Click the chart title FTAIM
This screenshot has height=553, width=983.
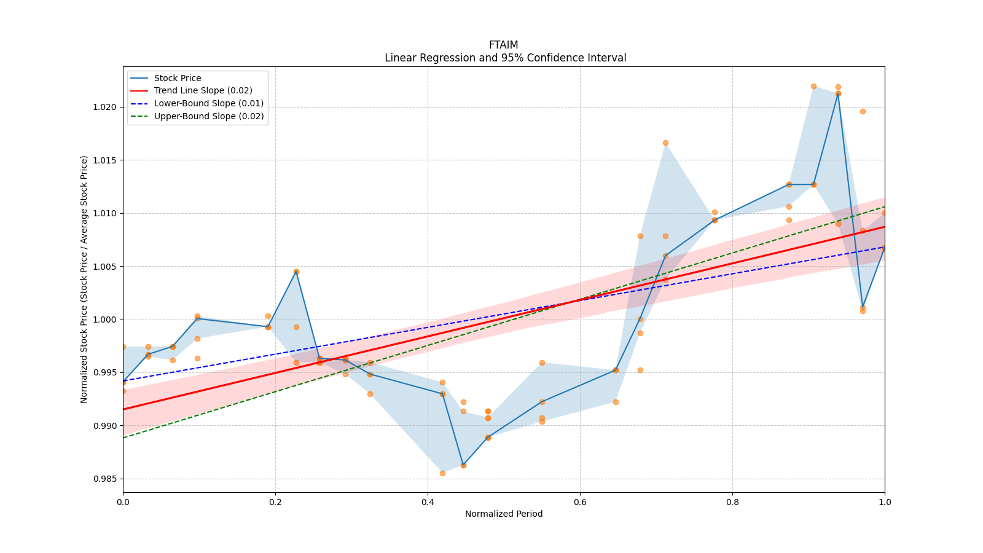pyautogui.click(x=503, y=45)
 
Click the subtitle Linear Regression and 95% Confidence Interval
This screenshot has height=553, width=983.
pyautogui.click(x=505, y=58)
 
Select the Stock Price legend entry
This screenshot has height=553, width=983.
pyautogui.click(x=178, y=78)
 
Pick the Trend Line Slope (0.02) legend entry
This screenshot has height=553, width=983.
pyautogui.click(x=203, y=91)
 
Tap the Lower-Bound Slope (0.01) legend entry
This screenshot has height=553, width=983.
pyautogui.click(x=208, y=103)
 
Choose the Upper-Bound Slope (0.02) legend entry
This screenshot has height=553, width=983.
pyautogui.click(x=208, y=116)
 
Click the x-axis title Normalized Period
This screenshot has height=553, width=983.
pyautogui.click(x=503, y=514)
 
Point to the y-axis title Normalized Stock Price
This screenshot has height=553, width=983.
pyautogui.click(x=84, y=279)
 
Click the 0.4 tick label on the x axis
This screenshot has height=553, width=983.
pyautogui.click(x=428, y=502)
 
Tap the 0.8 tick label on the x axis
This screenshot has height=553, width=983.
pyautogui.click(x=732, y=502)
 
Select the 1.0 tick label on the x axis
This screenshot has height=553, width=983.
pyautogui.click(x=885, y=502)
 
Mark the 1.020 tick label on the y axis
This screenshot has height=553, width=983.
pyautogui.click(x=104, y=107)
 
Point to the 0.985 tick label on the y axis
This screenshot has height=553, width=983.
pyautogui.click(x=104, y=479)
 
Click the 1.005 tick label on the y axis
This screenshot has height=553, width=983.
pyautogui.click(x=104, y=266)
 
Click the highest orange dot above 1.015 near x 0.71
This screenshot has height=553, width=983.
pyautogui.click(x=665, y=143)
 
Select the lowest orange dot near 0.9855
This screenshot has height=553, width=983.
pyautogui.click(x=442, y=473)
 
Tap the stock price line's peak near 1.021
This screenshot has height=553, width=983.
pyautogui.click(x=838, y=93)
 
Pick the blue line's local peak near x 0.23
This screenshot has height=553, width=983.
pyautogui.click(x=296, y=272)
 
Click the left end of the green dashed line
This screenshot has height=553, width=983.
pyautogui.click(x=123, y=437)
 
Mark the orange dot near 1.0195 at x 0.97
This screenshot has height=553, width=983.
pyautogui.click(x=863, y=111)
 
